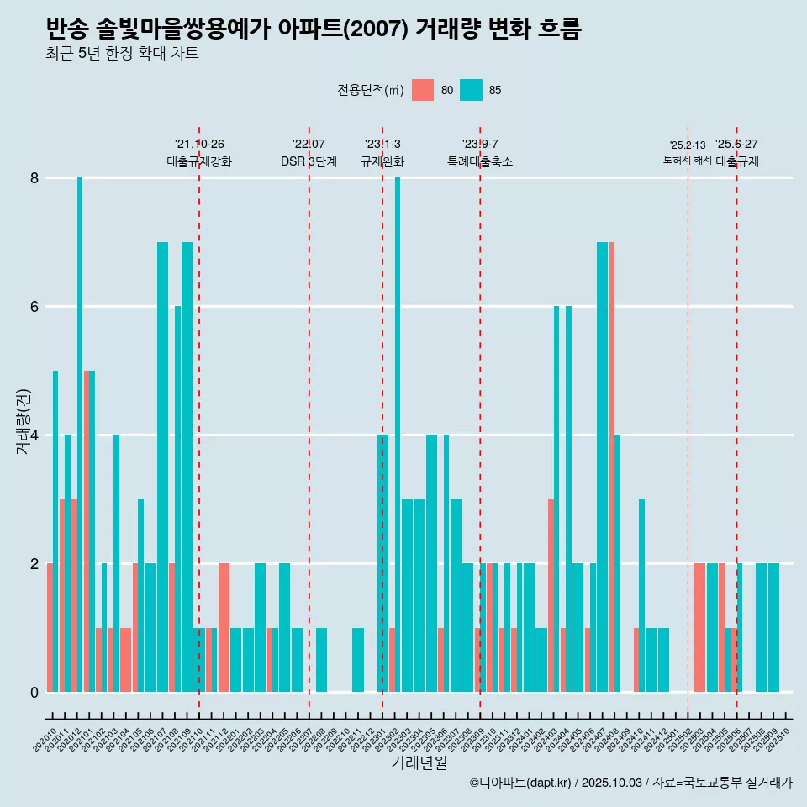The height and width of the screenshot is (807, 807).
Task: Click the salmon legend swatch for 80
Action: pos(423,90)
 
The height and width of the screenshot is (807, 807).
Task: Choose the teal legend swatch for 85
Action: pos(472,90)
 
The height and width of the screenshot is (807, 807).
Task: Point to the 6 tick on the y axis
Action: pos(34,307)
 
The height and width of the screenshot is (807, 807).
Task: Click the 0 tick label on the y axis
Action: pos(34,692)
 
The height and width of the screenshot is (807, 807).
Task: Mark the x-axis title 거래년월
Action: pos(419,763)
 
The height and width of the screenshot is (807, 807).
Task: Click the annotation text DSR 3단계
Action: pos(309,161)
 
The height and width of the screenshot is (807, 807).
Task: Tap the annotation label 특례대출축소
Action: pos(480,161)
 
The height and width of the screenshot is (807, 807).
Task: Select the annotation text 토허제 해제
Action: pos(688,160)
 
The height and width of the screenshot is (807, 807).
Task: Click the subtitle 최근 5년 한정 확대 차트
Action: pos(123,54)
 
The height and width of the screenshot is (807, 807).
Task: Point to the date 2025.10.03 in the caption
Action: pos(611,783)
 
